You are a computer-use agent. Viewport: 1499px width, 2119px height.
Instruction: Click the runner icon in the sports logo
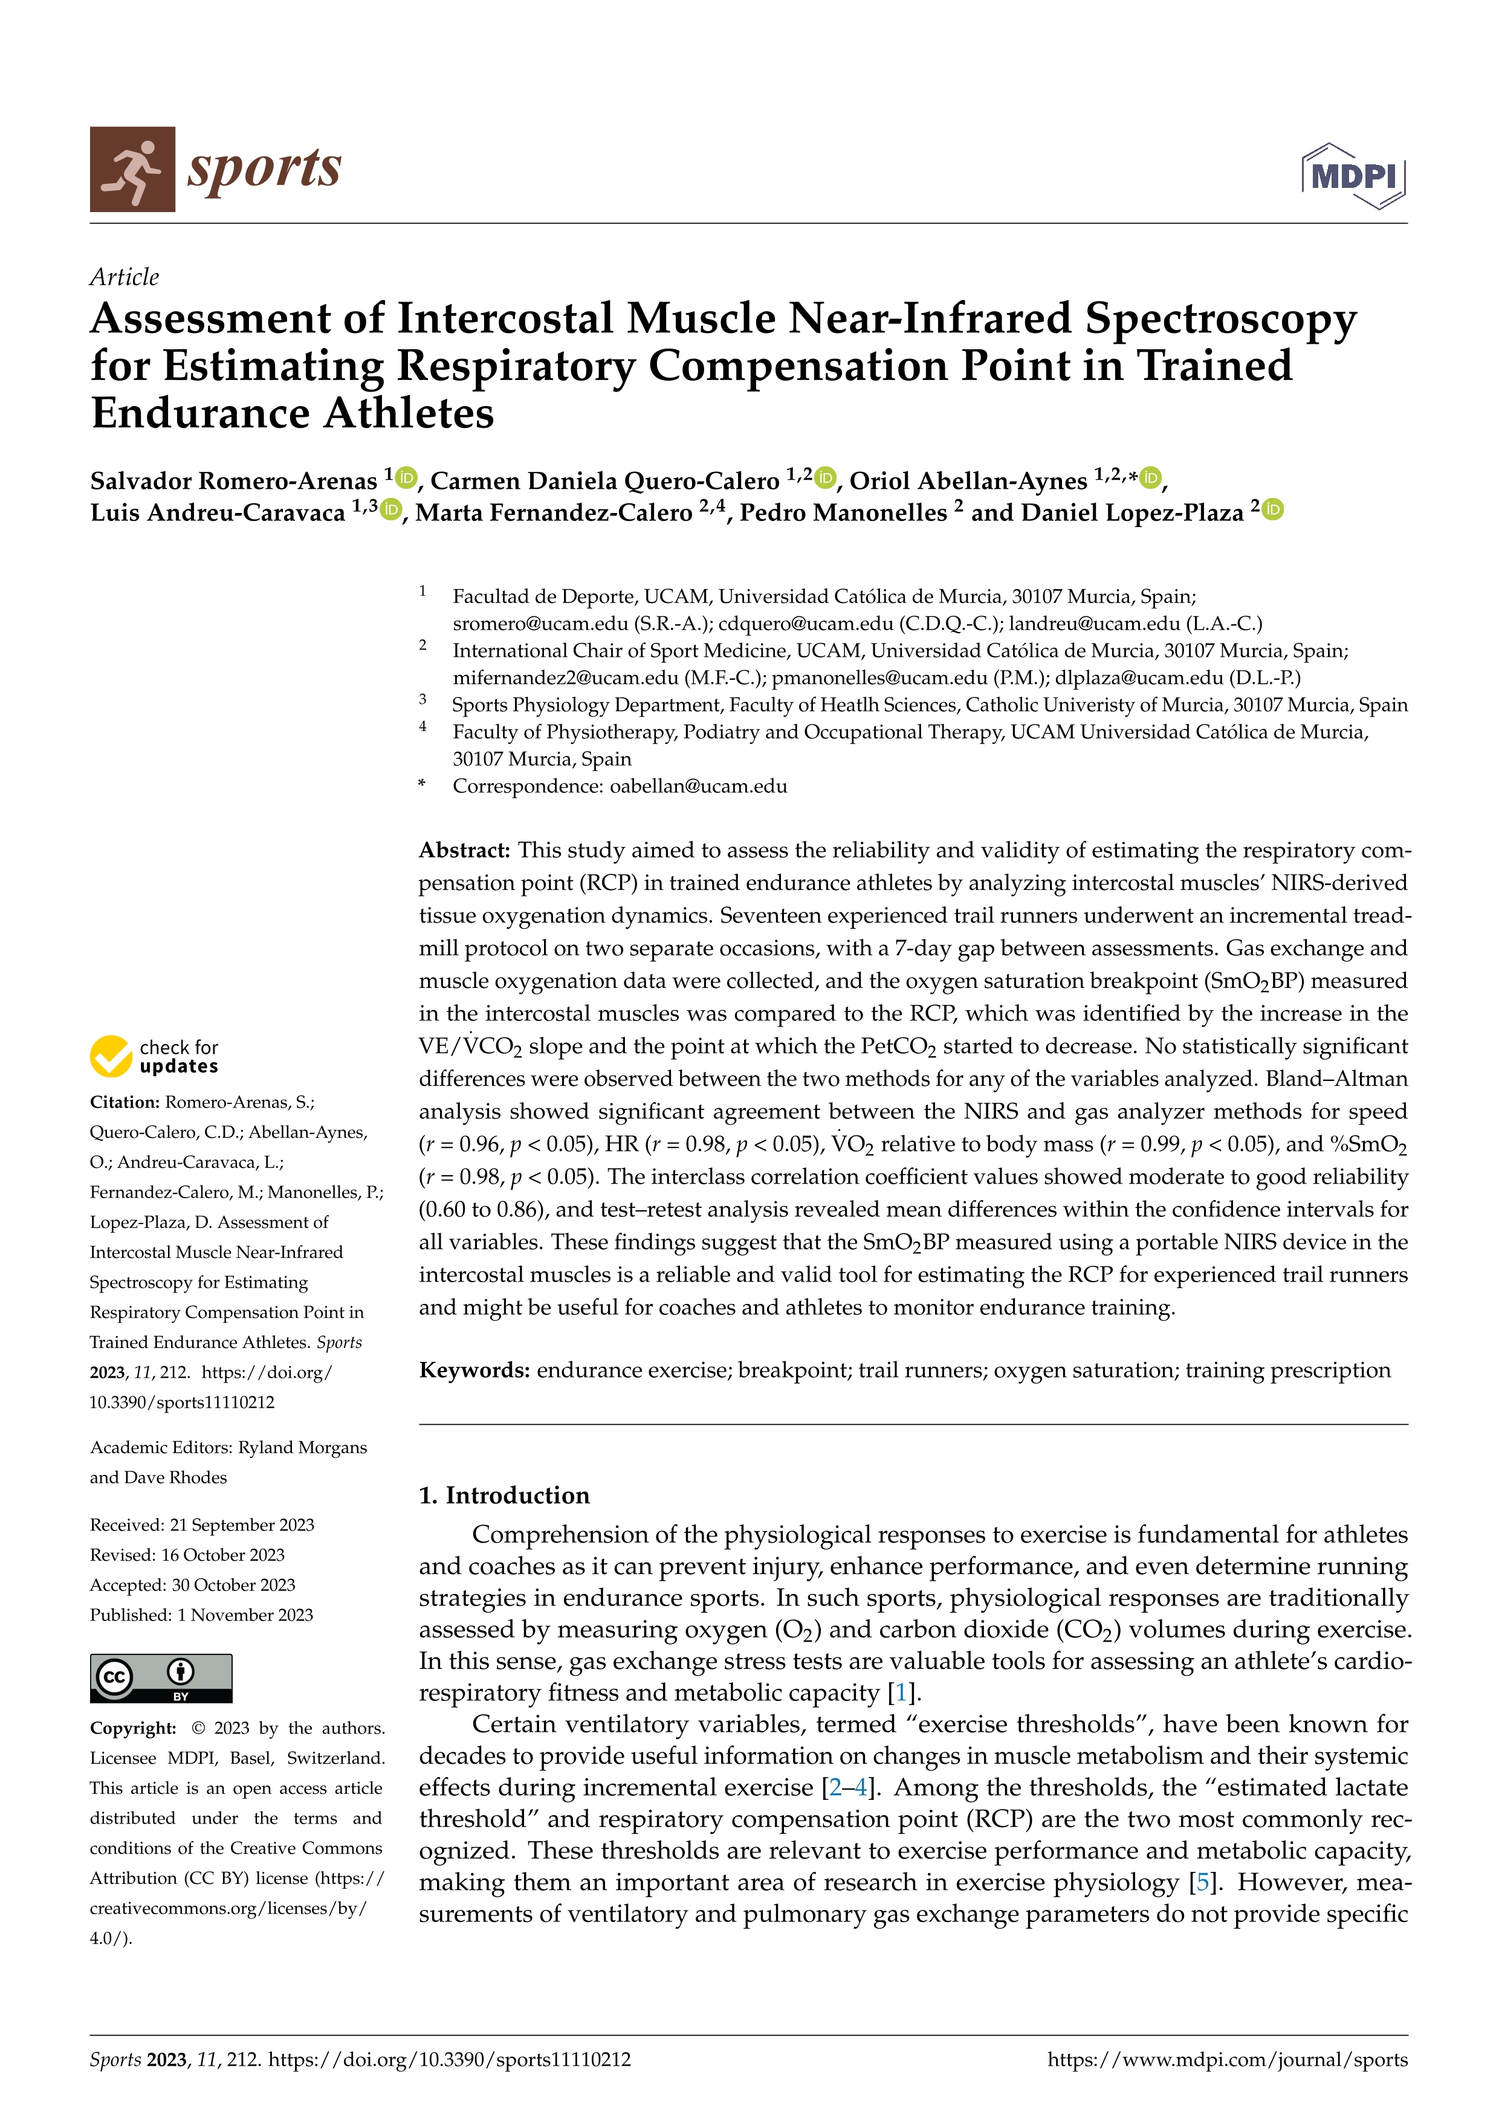coord(132,170)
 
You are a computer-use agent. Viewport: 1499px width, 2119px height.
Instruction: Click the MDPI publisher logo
coord(1353,175)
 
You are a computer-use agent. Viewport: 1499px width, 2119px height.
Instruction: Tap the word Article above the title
coord(125,277)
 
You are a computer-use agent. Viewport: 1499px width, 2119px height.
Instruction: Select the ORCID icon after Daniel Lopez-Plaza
coord(1273,509)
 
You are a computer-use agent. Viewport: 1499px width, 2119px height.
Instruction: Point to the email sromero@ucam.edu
coord(540,624)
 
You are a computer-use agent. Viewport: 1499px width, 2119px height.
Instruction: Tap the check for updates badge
coord(154,1056)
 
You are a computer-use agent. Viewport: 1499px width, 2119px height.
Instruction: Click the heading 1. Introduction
coord(504,1495)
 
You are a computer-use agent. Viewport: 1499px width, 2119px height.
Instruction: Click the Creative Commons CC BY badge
coord(161,1678)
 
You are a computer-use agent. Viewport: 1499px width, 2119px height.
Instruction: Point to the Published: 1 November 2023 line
coord(201,1615)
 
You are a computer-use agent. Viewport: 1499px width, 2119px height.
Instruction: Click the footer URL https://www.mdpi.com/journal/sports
coord(1228,2060)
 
